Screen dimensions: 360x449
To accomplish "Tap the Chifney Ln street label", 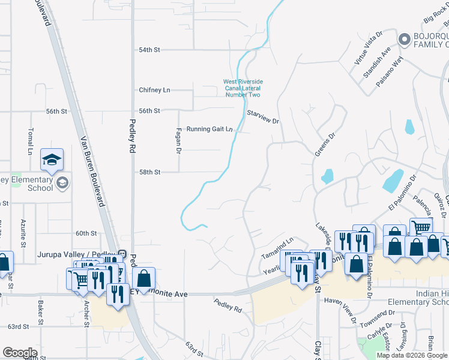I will [x=154, y=90].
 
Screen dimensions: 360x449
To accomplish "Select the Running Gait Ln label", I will [x=209, y=129].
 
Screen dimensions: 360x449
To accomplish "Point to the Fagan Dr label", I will [x=178, y=140].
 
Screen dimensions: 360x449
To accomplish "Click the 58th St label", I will [x=149, y=172].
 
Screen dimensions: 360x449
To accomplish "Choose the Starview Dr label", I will [x=264, y=116].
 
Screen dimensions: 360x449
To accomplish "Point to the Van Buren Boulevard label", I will [x=92, y=172].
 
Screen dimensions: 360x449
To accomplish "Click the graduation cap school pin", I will [x=52, y=160].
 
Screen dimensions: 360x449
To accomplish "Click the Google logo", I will [x=20, y=353].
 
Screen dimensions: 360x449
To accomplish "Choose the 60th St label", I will [x=86, y=233].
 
